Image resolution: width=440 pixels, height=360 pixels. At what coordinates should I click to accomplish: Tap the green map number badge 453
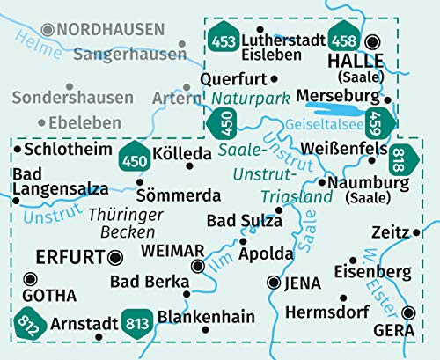[x=223, y=40]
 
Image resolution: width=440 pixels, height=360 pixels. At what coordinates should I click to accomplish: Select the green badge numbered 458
[x=344, y=40]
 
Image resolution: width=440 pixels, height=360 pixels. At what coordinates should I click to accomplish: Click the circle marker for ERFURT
[x=115, y=258]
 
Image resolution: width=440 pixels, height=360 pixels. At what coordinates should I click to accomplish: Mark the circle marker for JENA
[x=274, y=283]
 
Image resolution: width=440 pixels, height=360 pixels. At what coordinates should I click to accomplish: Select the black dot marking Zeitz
[x=416, y=232]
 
